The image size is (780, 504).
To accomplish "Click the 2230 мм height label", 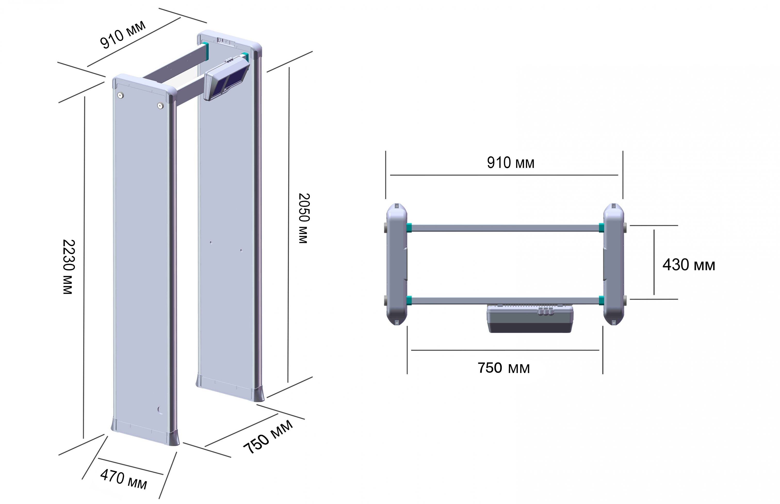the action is [x=69, y=267].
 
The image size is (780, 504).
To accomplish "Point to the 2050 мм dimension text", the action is [x=304, y=218].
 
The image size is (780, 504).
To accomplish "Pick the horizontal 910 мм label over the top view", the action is [x=510, y=163].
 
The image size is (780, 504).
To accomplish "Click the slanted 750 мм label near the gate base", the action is [x=268, y=437].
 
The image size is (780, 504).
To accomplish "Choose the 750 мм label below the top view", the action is [x=503, y=368].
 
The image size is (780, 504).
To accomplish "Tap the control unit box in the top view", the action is [x=530, y=319].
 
